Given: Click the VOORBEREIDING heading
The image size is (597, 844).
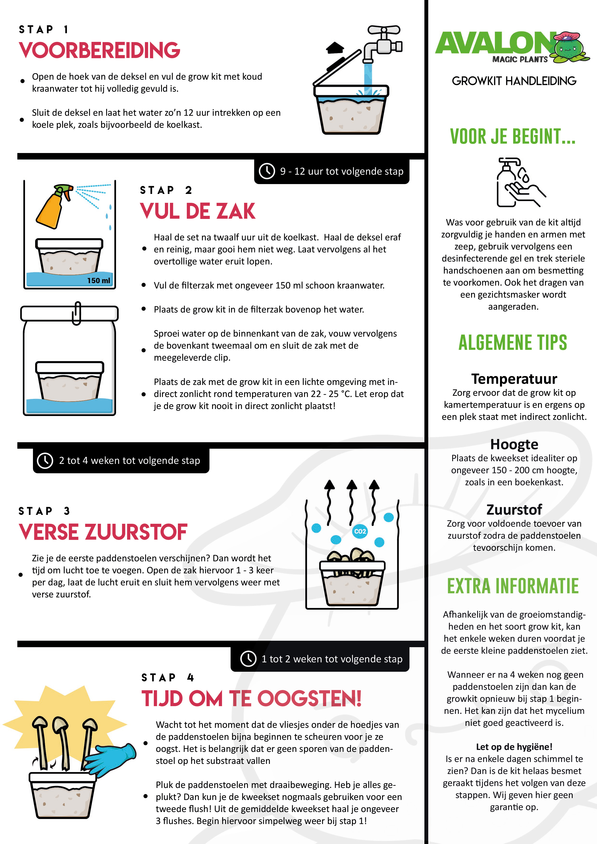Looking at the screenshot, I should pyautogui.click(x=99, y=50).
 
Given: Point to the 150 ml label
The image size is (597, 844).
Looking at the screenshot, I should pyautogui.click(x=98, y=281).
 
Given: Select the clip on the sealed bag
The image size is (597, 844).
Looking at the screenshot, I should pyautogui.click(x=77, y=313).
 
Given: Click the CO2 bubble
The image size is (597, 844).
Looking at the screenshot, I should pyautogui.click(x=360, y=531).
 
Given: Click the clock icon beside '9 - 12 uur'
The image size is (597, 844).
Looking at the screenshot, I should pyautogui.click(x=267, y=171).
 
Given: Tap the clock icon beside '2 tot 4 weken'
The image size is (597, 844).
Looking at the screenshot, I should pyautogui.click(x=45, y=460).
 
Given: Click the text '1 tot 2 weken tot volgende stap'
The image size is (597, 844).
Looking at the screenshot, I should pyautogui.click(x=332, y=659).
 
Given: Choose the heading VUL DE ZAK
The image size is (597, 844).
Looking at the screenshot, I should pyautogui.click(x=198, y=211).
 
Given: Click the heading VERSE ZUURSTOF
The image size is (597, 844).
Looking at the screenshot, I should pyautogui.click(x=103, y=532).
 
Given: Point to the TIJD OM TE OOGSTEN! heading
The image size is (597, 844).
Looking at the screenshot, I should pyautogui.click(x=251, y=698).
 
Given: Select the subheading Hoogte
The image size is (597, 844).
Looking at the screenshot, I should pyautogui.click(x=514, y=444).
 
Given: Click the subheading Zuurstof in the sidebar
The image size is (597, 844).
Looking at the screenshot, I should pyautogui.click(x=514, y=510).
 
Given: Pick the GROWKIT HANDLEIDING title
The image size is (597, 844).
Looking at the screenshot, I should pyautogui.click(x=514, y=81).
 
